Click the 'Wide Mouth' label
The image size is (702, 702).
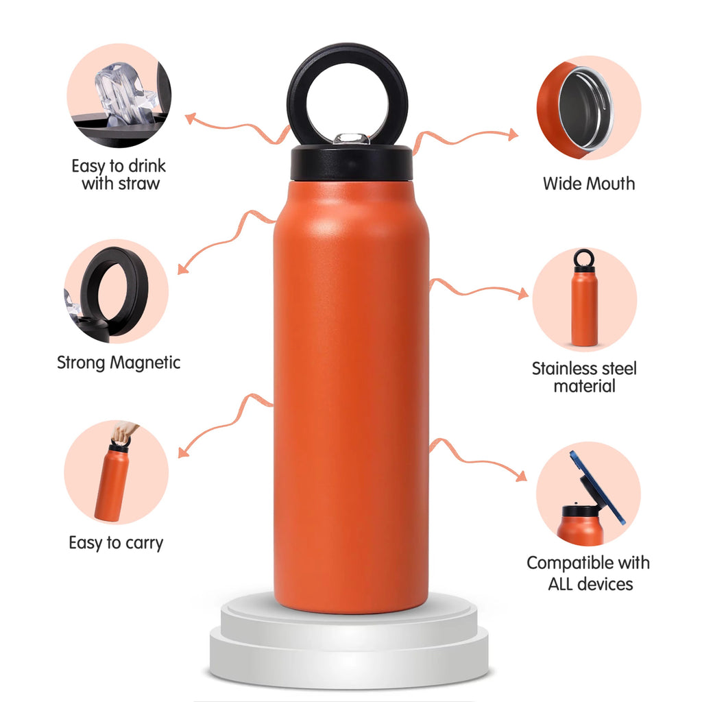click(589, 184)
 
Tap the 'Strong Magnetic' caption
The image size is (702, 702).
click(119, 363)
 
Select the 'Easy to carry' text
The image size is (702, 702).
click(116, 543)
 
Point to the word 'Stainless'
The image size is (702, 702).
click(561, 368)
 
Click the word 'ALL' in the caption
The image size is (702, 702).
click(563, 584)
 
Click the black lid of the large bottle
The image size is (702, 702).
click(351, 163)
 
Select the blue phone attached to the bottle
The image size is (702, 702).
click(597, 487)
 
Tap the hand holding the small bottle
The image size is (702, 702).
click(123, 432)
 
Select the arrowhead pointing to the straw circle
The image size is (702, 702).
click(191, 119)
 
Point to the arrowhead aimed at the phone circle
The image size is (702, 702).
click(521, 476)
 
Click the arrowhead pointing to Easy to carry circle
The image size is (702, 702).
click(183, 452)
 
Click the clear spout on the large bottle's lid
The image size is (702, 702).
click(352, 138)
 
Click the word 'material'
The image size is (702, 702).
click(584, 386)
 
